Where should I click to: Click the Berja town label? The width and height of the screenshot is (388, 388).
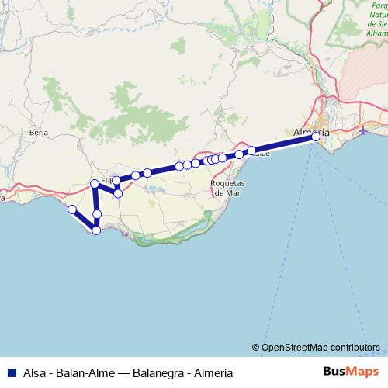coord(39,133)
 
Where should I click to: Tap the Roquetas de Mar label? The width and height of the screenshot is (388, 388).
coord(228,187)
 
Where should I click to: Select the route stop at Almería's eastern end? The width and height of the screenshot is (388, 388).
coord(316,137)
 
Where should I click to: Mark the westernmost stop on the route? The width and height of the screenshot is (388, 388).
coord(71,209)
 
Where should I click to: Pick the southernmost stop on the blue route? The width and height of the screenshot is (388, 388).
coord(96,230)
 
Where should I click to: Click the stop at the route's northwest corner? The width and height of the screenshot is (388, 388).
coord(95,184)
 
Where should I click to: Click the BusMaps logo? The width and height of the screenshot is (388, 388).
coord(351,371)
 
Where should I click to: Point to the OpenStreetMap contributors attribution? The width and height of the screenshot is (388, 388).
coord(320,347)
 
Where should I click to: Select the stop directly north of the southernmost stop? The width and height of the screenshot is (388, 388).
coord(97,213)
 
